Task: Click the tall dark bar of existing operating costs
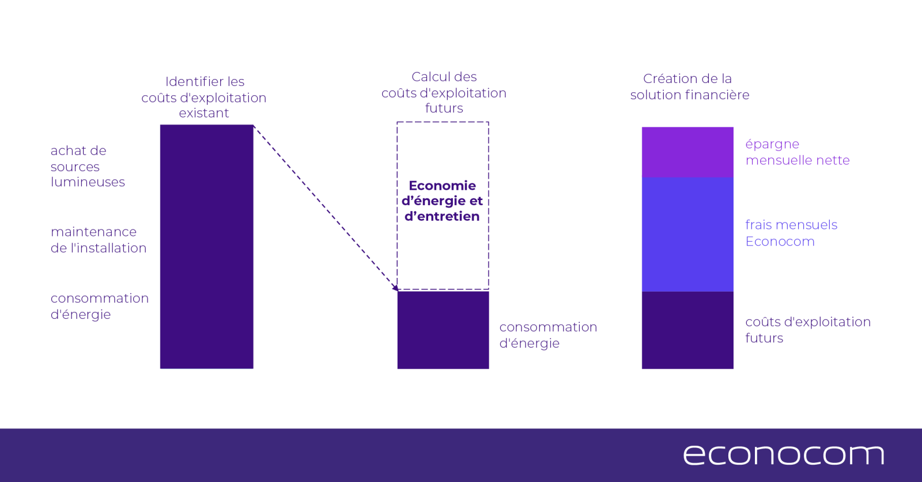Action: (207, 246)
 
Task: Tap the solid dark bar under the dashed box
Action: (443, 330)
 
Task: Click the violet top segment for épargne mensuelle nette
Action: (687, 152)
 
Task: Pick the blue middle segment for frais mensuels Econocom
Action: (687, 235)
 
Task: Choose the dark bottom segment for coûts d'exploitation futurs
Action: (687, 330)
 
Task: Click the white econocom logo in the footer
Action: (784, 455)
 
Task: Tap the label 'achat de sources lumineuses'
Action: (88, 167)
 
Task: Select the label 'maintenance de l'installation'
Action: (99, 240)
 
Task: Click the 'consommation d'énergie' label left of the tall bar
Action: (100, 306)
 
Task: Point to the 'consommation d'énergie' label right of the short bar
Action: (548, 335)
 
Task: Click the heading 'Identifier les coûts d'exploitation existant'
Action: (204, 97)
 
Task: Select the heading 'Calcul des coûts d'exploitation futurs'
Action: (444, 92)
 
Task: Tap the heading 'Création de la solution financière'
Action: (690, 86)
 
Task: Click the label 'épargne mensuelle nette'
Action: (798, 152)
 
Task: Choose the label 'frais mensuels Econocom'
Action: (792, 233)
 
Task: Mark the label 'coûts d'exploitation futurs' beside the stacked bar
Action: (808, 330)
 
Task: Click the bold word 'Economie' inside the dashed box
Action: (442, 186)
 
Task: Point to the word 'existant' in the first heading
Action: (204, 113)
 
